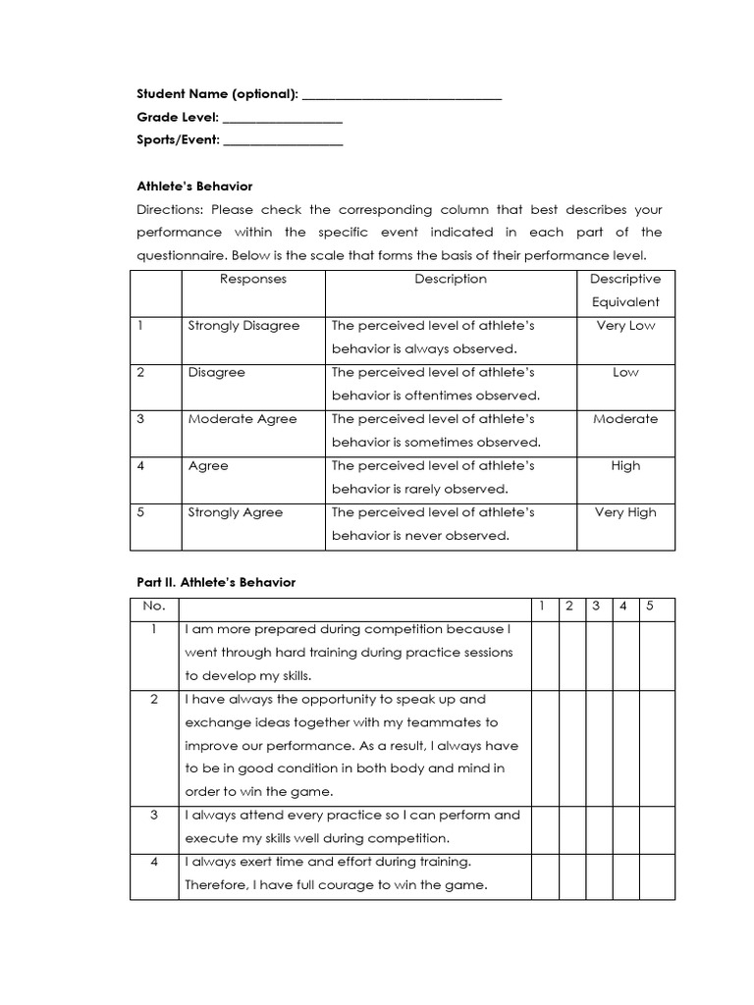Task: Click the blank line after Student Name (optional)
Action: (x=402, y=96)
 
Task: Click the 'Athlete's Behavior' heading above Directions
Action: (x=194, y=185)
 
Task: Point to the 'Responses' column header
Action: (x=253, y=279)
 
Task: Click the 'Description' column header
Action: (x=450, y=279)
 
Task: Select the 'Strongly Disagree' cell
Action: (x=243, y=326)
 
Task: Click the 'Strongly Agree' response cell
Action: (x=236, y=512)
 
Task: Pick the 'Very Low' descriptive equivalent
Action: (x=625, y=326)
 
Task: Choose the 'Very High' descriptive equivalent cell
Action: (x=625, y=512)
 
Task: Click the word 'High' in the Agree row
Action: (x=625, y=466)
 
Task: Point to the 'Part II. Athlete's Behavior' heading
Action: (x=216, y=582)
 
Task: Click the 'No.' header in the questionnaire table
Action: (x=155, y=606)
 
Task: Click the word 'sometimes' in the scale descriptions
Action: (x=443, y=443)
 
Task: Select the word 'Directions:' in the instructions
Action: (x=171, y=210)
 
